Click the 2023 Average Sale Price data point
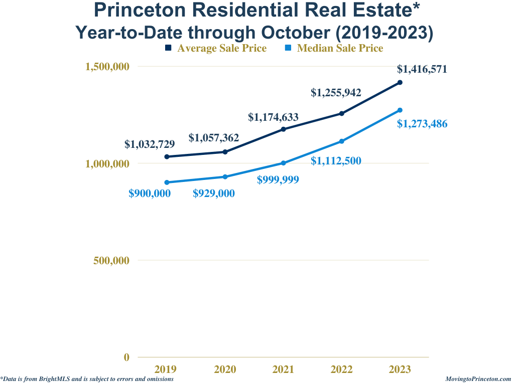pyautogui.click(x=400, y=82)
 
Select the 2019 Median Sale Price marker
pyautogui.click(x=167, y=182)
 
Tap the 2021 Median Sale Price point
pyautogui.click(x=284, y=163)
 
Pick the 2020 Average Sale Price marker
pyautogui.click(x=225, y=152)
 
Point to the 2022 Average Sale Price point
pyautogui.click(x=342, y=113)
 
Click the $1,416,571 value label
pyautogui.click(x=422, y=69)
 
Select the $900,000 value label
pyautogui.click(x=150, y=194)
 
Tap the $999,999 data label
pyautogui.click(x=278, y=180)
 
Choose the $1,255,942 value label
pyautogui.click(x=336, y=93)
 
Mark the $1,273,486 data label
pyautogui.click(x=422, y=124)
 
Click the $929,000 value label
pyautogui.click(x=214, y=194)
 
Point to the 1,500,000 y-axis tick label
pyautogui.click(x=107, y=67)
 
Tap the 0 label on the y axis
pyautogui.click(x=126, y=357)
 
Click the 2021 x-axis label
pyautogui.click(x=284, y=369)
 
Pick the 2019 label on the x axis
pyautogui.click(x=166, y=369)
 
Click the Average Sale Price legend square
pyautogui.click(x=168, y=48)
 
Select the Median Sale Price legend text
pyautogui.click(x=340, y=48)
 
